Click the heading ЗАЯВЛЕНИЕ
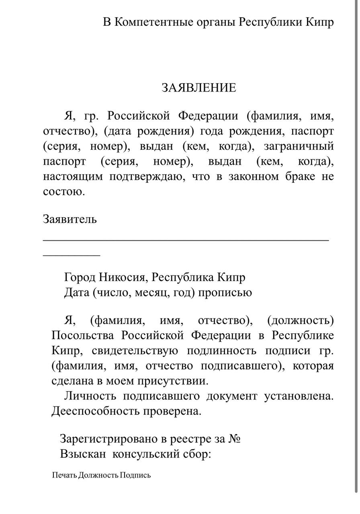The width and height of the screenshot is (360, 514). [x=198, y=88]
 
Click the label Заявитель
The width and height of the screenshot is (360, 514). [x=70, y=220]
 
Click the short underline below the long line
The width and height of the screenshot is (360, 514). [x=72, y=255]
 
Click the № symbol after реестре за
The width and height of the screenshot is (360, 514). [x=234, y=439]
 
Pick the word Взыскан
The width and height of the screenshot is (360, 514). [x=83, y=454]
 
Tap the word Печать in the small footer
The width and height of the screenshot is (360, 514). [x=64, y=475]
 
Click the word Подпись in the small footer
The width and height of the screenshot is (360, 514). [x=135, y=475]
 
